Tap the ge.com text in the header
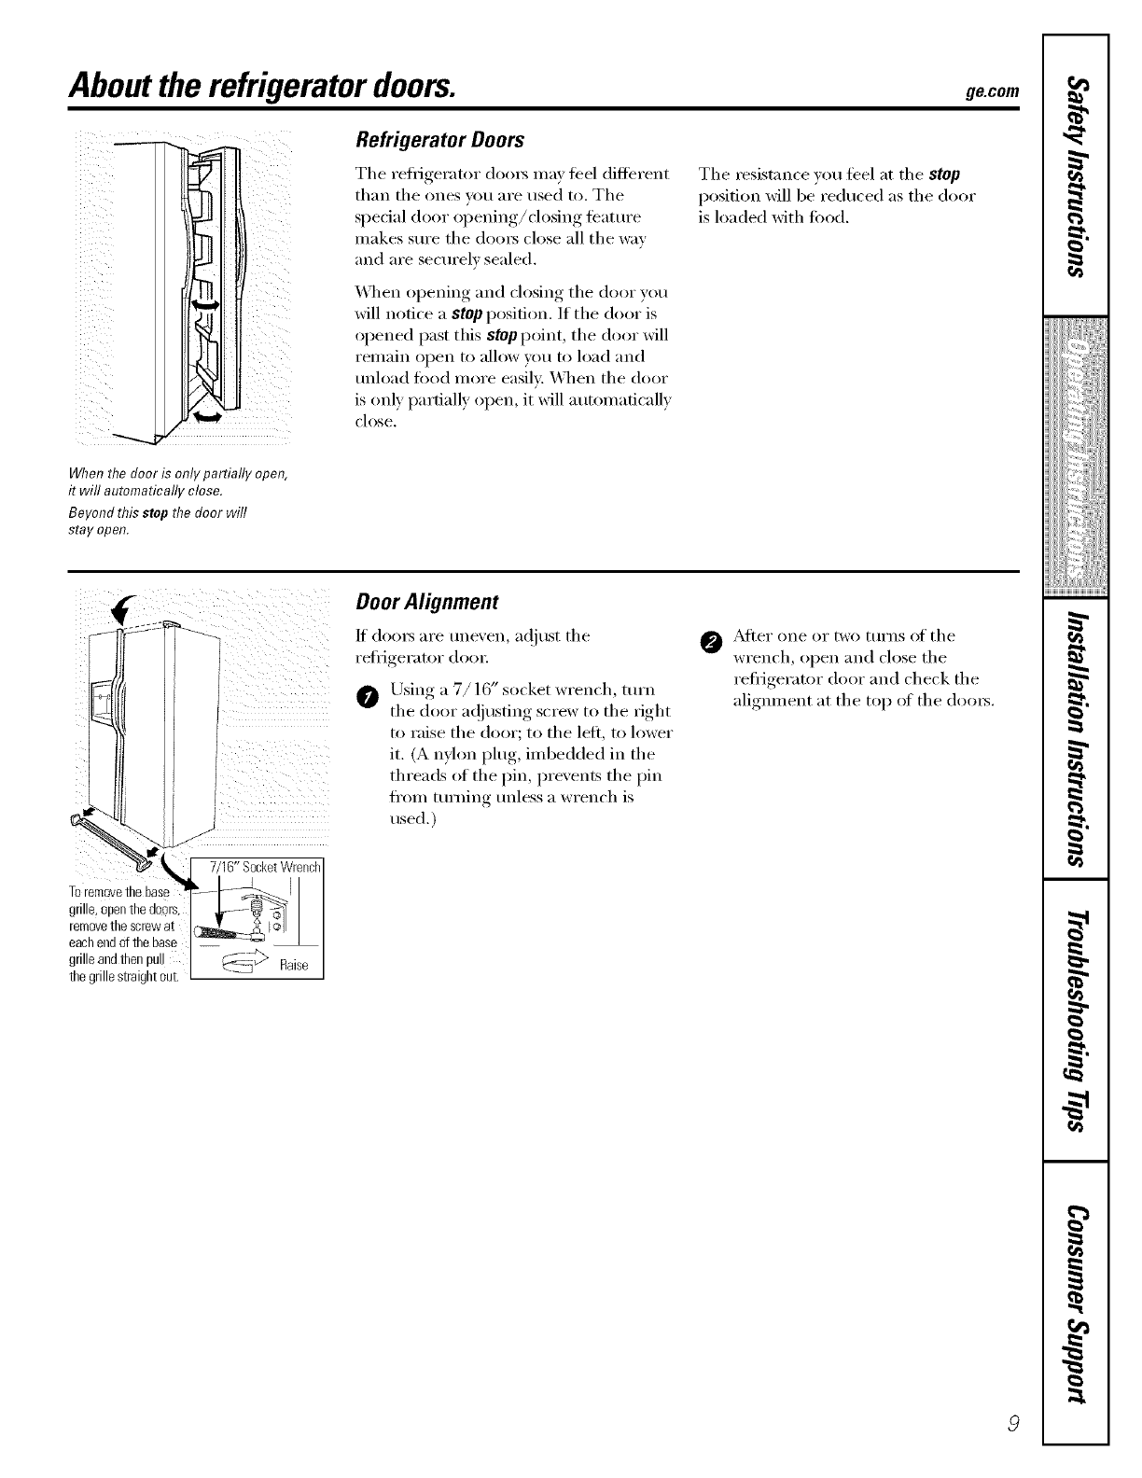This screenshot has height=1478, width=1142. (x=994, y=91)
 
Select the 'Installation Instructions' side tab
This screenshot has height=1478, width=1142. (x=1078, y=737)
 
